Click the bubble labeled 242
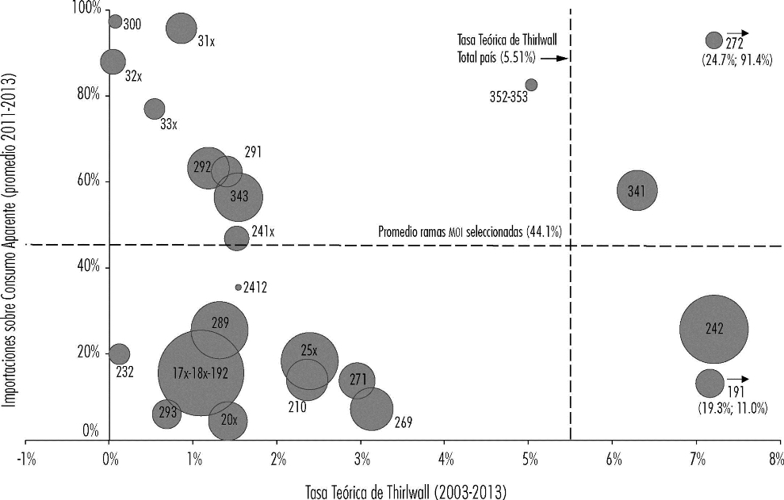pos(713,330)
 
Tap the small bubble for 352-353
pos(531,85)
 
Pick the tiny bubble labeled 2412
pos(238,288)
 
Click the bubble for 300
pos(115,21)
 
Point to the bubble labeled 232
pos(119,354)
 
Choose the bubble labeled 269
pos(371,410)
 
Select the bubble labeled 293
pos(166,414)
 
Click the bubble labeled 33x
pos(155,109)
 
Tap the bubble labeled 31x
pos(181,29)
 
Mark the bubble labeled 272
pos(713,40)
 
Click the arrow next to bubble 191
pos(737,379)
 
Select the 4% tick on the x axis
pos(445,440)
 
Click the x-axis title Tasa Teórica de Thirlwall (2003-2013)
pos(405,490)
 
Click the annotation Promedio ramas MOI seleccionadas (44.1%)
pos(471,232)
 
